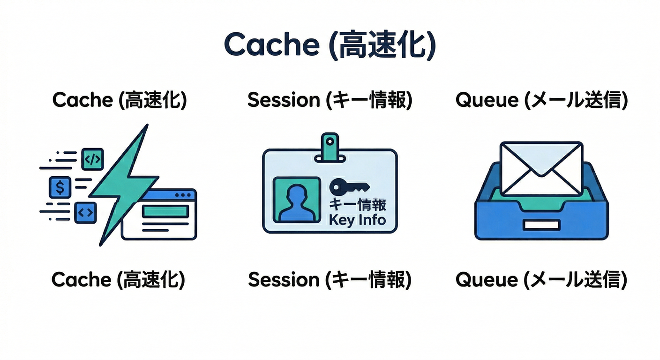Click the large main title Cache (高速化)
330,45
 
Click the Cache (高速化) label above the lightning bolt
120,100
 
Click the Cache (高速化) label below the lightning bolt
119,280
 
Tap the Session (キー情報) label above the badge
330,100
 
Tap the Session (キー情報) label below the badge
330,280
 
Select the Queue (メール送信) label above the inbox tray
541,100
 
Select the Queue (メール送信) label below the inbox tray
541,280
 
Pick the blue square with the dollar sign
60,187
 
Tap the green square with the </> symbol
92,159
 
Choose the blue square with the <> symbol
85,212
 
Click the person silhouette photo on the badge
296,199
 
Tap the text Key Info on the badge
357,219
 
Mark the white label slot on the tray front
541,225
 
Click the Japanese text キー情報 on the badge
358,205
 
